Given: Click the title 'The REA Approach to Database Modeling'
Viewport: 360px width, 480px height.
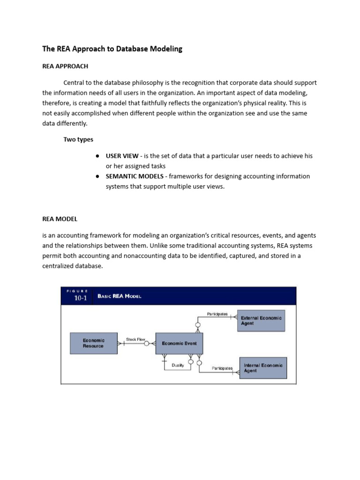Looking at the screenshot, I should tap(112, 49).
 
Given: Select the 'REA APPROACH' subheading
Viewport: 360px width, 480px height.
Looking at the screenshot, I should tap(65, 66).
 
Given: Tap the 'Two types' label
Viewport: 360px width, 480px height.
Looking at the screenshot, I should tap(78, 139).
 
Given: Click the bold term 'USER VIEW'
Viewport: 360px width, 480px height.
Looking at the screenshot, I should tap(122, 156).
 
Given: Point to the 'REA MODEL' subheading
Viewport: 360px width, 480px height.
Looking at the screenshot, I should tap(60, 219).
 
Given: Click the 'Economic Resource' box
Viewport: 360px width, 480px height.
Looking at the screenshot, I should tap(94, 343).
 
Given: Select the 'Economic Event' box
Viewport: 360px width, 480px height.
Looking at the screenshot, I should tap(179, 343).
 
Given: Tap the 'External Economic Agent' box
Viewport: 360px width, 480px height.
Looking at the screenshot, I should tap(261, 321).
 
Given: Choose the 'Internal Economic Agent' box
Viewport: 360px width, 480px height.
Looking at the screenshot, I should tap(263, 368).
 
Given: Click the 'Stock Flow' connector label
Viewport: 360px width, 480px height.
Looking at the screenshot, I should tap(135, 338).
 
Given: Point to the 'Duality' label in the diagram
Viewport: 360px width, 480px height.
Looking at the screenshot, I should tap(178, 366).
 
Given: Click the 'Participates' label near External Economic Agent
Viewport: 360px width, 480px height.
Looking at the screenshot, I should tap(217, 314).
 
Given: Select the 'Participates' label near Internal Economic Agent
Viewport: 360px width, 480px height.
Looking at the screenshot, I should tap(222, 368).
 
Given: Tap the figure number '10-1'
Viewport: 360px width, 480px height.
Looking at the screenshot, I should tap(80, 299).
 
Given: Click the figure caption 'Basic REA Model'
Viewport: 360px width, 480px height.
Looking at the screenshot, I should tap(119, 296).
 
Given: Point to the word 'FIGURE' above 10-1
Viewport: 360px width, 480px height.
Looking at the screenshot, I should tap(77, 291).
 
